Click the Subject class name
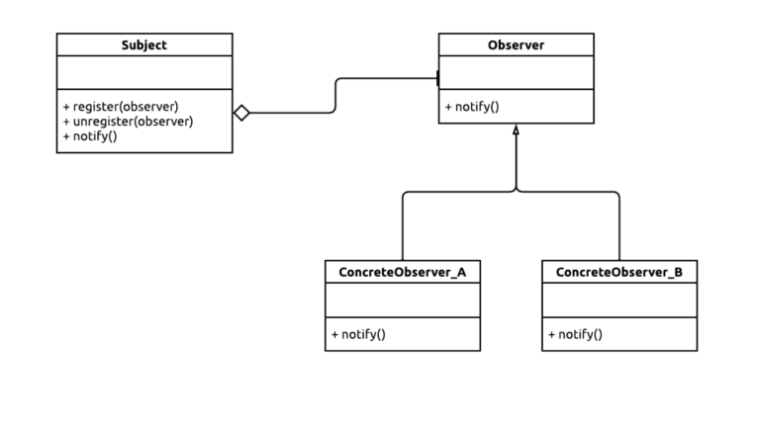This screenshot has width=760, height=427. pos(143,44)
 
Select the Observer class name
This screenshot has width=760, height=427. pos(516,44)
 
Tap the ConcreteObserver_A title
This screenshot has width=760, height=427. pos(402,272)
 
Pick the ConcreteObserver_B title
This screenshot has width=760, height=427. pos(619,272)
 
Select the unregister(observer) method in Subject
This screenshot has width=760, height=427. pos(132,121)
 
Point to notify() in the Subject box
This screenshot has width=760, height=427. pos(94,136)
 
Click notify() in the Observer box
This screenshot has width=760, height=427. pos(476,107)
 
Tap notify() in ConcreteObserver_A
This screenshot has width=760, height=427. pos(362,334)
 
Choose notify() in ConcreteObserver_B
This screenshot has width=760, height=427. pos(580,334)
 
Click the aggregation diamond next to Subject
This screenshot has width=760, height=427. pos(241,113)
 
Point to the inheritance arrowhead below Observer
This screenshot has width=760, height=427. pos(516,129)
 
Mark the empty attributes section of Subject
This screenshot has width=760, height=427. pos(143,72)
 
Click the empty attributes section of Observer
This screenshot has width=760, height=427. pos(516,72)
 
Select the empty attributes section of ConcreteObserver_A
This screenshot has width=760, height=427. pos(402,300)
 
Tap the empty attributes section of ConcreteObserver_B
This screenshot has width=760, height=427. pos(619,300)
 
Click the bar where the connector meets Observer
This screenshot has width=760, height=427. pos(438,78)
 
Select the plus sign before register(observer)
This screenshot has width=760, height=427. pos(65,105)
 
